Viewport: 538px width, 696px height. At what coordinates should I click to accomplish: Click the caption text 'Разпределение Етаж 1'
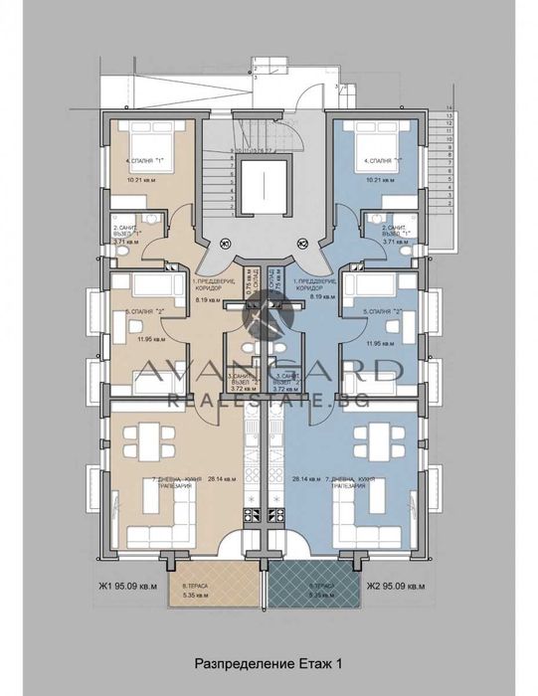pyautogui.click(x=269, y=660)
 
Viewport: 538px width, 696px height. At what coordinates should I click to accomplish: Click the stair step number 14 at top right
pyautogui.click(x=449, y=106)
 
